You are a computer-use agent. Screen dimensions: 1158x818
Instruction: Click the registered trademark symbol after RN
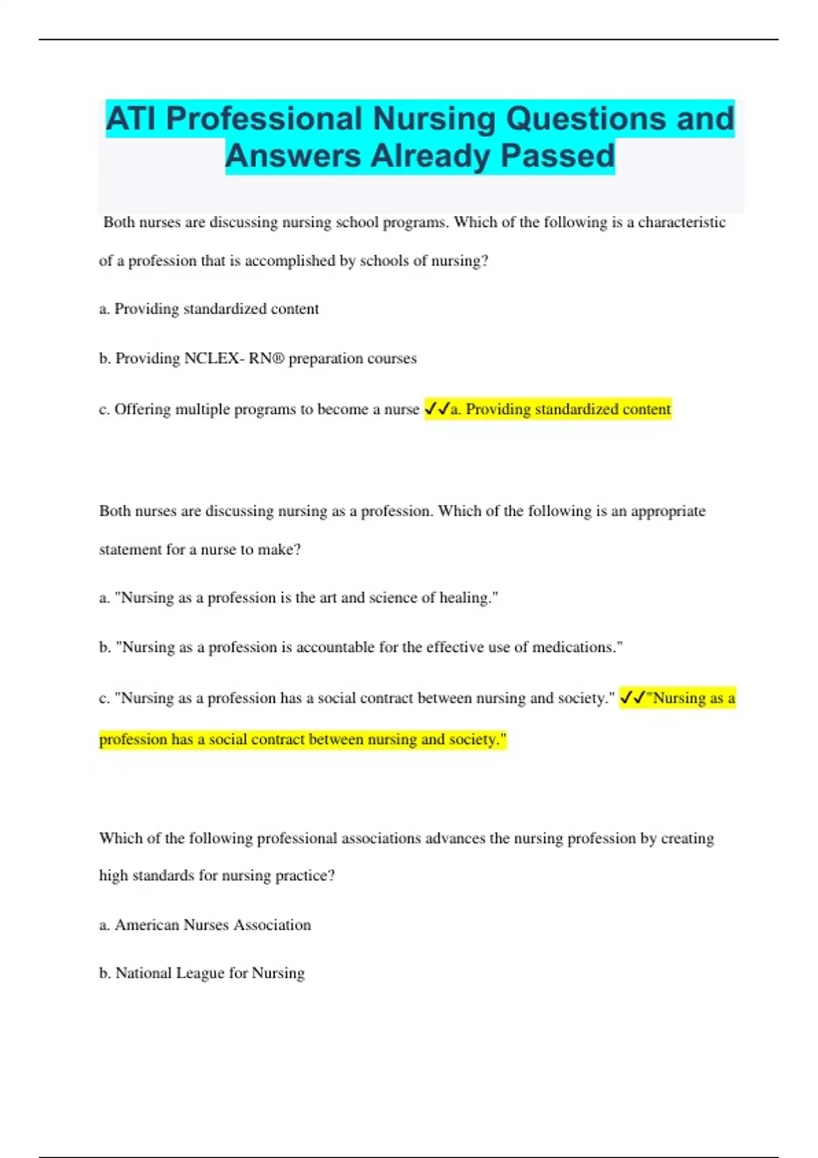[277, 358]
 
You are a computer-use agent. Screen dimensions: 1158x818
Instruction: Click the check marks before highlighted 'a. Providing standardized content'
[437, 409]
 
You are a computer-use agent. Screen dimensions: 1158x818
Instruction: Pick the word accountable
[335, 647]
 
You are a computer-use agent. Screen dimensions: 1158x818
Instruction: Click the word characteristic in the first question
[681, 222]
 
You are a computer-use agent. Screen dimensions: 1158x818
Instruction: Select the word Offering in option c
[142, 409]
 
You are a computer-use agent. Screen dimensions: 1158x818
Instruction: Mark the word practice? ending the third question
[305, 875]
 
